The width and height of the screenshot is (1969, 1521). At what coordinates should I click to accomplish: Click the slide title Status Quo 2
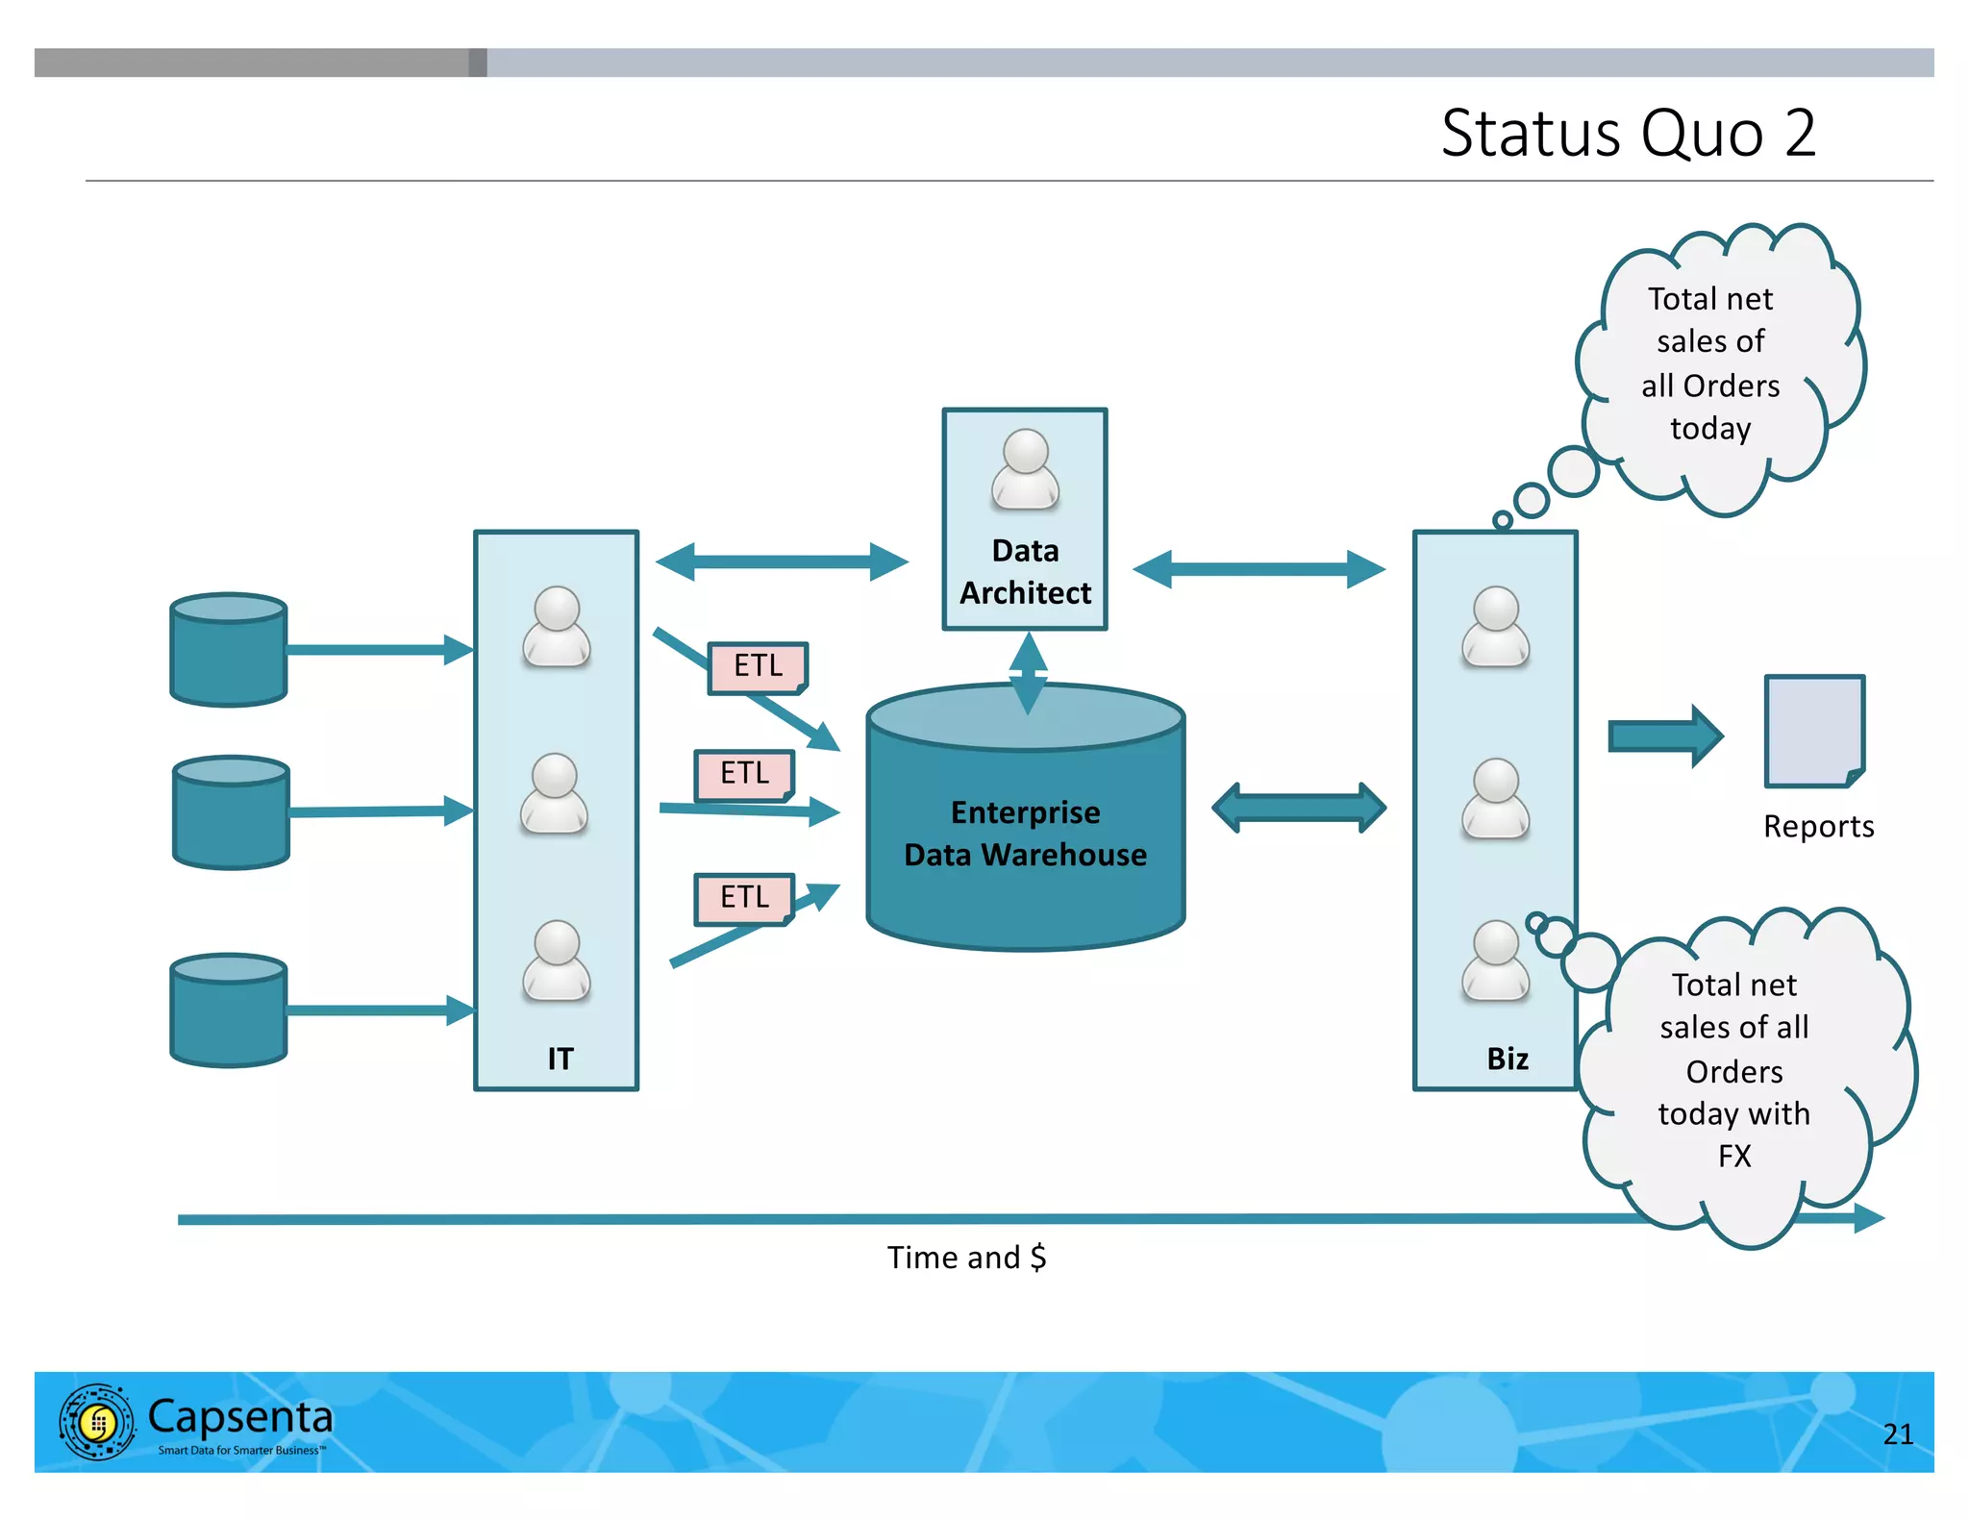tap(1628, 133)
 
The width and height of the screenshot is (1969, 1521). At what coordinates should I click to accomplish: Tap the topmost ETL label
tap(758, 666)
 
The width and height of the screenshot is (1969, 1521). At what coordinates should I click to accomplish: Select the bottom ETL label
tap(744, 898)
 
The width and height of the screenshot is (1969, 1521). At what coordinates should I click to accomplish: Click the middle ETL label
tap(744, 774)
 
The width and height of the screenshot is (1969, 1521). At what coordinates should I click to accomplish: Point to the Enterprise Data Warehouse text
tap(1025, 834)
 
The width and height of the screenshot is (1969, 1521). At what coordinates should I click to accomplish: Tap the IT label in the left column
tap(560, 1059)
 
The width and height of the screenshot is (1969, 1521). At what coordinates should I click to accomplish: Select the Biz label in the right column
tap(1507, 1059)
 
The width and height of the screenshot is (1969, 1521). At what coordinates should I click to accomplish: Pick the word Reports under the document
tap(1818, 827)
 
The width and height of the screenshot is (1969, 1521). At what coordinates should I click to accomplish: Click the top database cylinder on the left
tap(229, 650)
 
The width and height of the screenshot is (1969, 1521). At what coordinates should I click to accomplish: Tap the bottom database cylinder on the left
tap(229, 1010)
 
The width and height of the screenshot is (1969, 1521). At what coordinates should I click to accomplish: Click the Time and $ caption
tap(966, 1258)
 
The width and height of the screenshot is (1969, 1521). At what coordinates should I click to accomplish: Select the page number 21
tap(1897, 1434)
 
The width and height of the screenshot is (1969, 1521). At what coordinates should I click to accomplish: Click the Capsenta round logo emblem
tap(97, 1422)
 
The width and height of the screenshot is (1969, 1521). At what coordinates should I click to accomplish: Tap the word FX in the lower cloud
tap(1734, 1156)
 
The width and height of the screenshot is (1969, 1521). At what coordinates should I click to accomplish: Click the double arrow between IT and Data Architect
tap(782, 562)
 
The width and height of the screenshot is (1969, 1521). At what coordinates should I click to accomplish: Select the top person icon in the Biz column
tap(1495, 627)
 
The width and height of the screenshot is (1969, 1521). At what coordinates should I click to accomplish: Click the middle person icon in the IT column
tap(555, 793)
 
